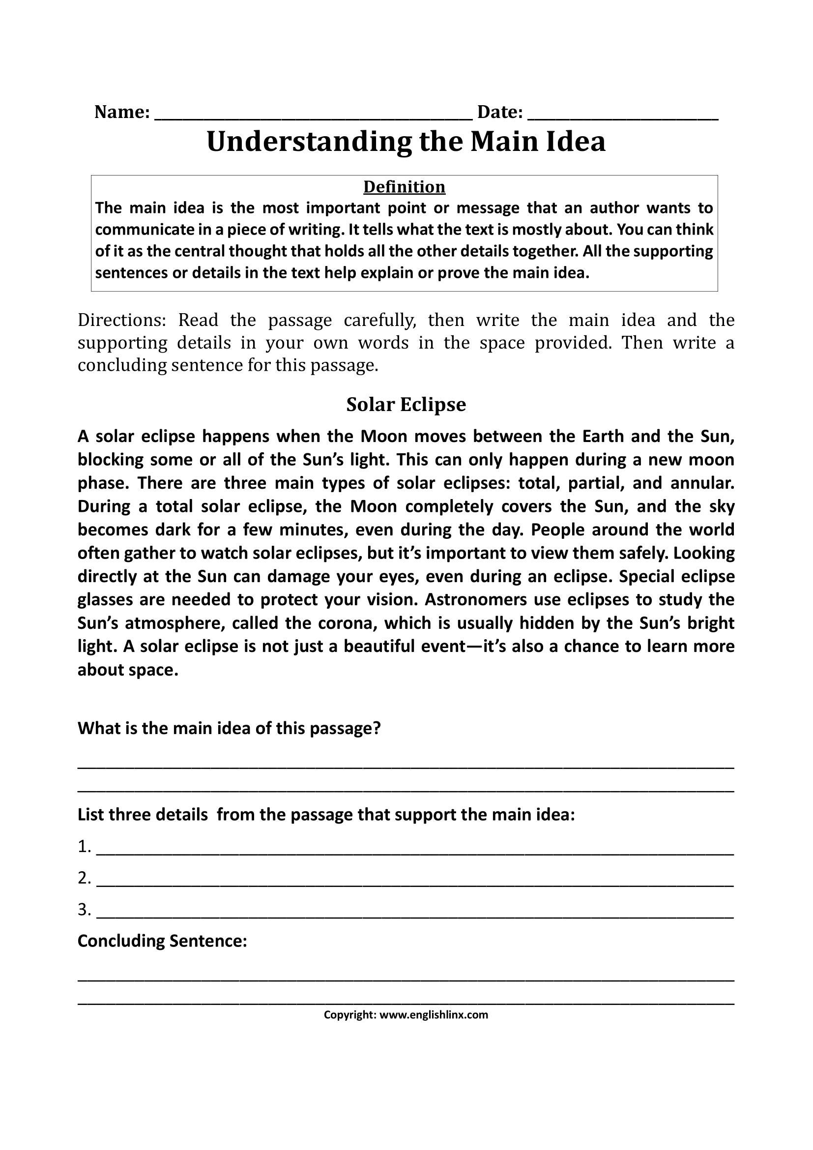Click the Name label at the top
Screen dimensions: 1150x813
coord(121,112)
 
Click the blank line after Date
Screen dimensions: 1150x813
coord(623,116)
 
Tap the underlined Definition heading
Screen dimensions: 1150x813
coord(404,187)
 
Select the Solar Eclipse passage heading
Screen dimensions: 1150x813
coord(406,405)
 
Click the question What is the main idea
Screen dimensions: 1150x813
coord(229,728)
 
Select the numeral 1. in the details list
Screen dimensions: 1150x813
coord(84,847)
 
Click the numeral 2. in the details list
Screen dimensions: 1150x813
coord(84,878)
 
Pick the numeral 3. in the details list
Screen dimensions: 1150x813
coord(84,909)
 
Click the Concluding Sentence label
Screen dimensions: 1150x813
coord(162,941)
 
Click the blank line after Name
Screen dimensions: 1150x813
coord(314,116)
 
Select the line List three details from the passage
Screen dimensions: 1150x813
coord(326,815)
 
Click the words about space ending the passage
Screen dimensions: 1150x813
coord(128,670)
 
